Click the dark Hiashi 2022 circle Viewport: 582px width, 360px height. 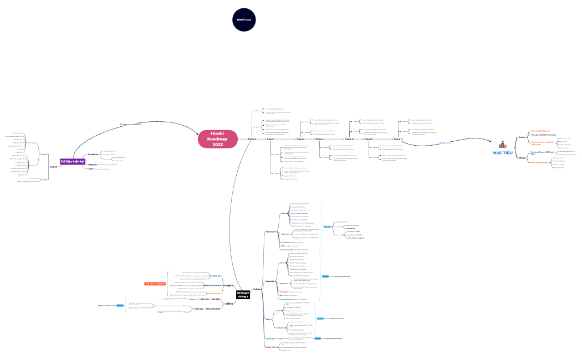click(x=244, y=19)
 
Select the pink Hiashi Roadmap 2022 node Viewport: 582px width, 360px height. click(x=217, y=139)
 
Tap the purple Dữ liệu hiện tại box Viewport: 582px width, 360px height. click(x=73, y=161)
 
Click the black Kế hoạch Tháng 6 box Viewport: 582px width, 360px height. click(x=243, y=295)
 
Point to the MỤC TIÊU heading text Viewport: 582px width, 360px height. click(x=503, y=152)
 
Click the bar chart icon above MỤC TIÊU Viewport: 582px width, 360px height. click(x=503, y=143)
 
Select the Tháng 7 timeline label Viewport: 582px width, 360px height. click(x=270, y=139)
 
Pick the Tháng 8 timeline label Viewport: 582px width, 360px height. click(x=300, y=139)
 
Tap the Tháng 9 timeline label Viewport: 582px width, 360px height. click(x=319, y=139)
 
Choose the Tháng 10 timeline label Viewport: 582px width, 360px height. click(x=349, y=139)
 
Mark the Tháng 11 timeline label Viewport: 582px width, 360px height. click(x=369, y=139)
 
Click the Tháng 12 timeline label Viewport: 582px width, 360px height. click(x=398, y=139)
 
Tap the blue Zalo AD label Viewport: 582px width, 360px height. click(x=217, y=275)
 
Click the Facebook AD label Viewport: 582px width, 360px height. click(x=214, y=285)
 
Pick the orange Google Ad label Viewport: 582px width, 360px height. click(x=215, y=294)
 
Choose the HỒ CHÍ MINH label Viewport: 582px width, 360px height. click(x=213, y=308)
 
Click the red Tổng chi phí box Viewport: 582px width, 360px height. click(x=155, y=284)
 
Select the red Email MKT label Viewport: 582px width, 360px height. click(x=271, y=346)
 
